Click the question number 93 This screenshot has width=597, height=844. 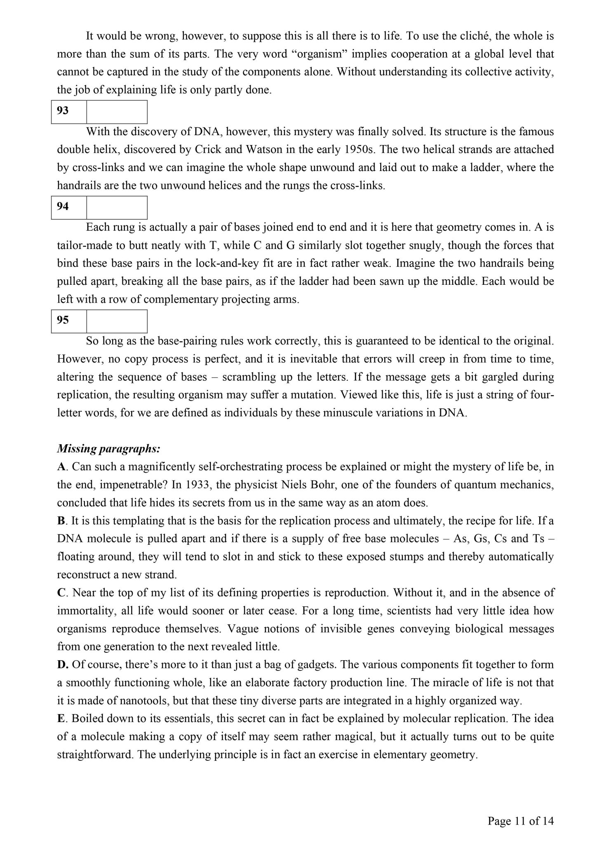point(63,111)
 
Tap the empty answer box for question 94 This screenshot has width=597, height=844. point(117,207)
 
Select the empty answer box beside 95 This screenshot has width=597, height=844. point(117,321)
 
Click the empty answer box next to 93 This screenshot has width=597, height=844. point(117,112)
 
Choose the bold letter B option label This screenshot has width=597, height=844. point(61,520)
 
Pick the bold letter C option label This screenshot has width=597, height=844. point(61,593)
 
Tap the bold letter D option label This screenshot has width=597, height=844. point(61,665)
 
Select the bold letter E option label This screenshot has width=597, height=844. point(61,719)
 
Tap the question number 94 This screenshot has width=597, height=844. point(63,206)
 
